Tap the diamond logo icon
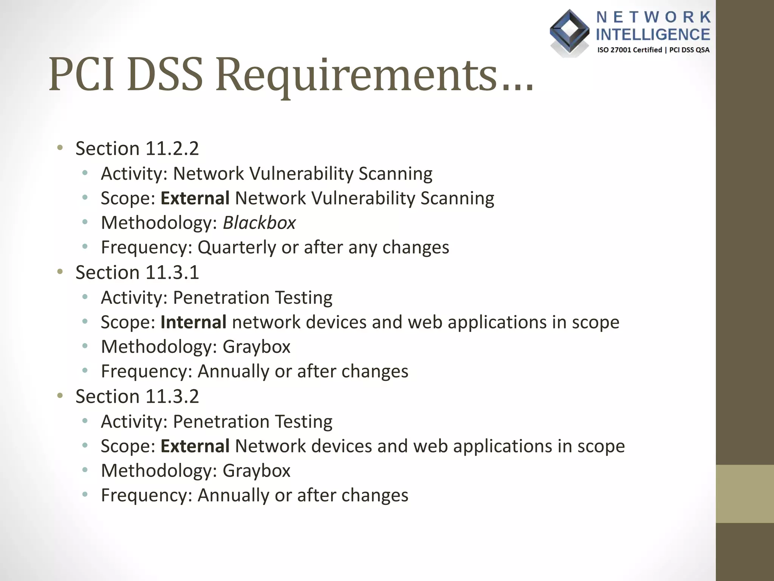(x=569, y=32)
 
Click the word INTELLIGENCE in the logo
(x=653, y=34)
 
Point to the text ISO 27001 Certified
(x=629, y=50)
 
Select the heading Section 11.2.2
(x=137, y=148)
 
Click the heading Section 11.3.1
(x=137, y=272)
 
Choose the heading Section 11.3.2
(x=137, y=396)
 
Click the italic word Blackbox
(x=259, y=223)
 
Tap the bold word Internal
(x=193, y=322)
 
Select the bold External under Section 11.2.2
(x=195, y=198)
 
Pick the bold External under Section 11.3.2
(x=195, y=446)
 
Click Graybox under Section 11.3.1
(x=256, y=347)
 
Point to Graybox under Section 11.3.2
(x=256, y=471)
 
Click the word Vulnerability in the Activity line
(x=301, y=174)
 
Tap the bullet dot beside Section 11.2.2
(x=60, y=148)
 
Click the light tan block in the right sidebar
(x=745, y=494)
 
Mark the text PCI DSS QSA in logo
(x=689, y=50)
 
